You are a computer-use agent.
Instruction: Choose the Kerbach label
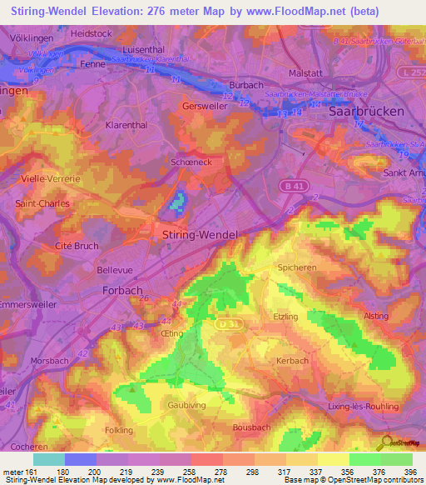pyautogui.click(x=292, y=361)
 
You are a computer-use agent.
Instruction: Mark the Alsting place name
pyautogui.click(x=376, y=317)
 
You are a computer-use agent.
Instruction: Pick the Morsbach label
pyautogui.click(x=49, y=361)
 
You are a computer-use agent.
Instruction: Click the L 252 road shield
pyautogui.click(x=411, y=74)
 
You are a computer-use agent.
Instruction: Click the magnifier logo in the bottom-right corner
pyautogui.click(x=385, y=442)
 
